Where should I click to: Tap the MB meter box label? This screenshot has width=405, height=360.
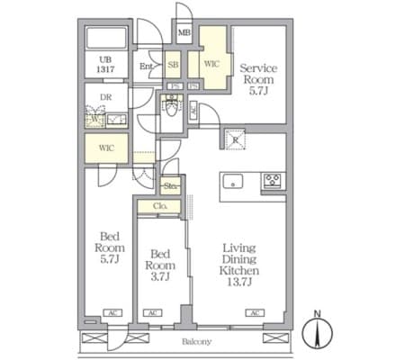(x=184, y=35)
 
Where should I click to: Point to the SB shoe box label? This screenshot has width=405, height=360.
(x=173, y=65)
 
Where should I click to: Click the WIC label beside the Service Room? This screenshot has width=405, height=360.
(x=211, y=64)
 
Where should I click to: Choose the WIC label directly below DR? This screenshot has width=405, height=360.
(x=106, y=147)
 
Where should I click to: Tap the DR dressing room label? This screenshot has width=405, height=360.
(x=104, y=99)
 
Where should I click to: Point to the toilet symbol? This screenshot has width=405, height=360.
(x=170, y=109)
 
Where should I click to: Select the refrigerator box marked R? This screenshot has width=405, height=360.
(x=235, y=139)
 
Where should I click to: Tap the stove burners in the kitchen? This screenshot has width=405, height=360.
(x=272, y=182)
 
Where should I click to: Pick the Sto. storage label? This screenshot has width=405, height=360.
(x=171, y=186)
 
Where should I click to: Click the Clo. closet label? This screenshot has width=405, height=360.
(x=160, y=206)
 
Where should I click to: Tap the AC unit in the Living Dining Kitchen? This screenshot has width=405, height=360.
(x=255, y=312)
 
